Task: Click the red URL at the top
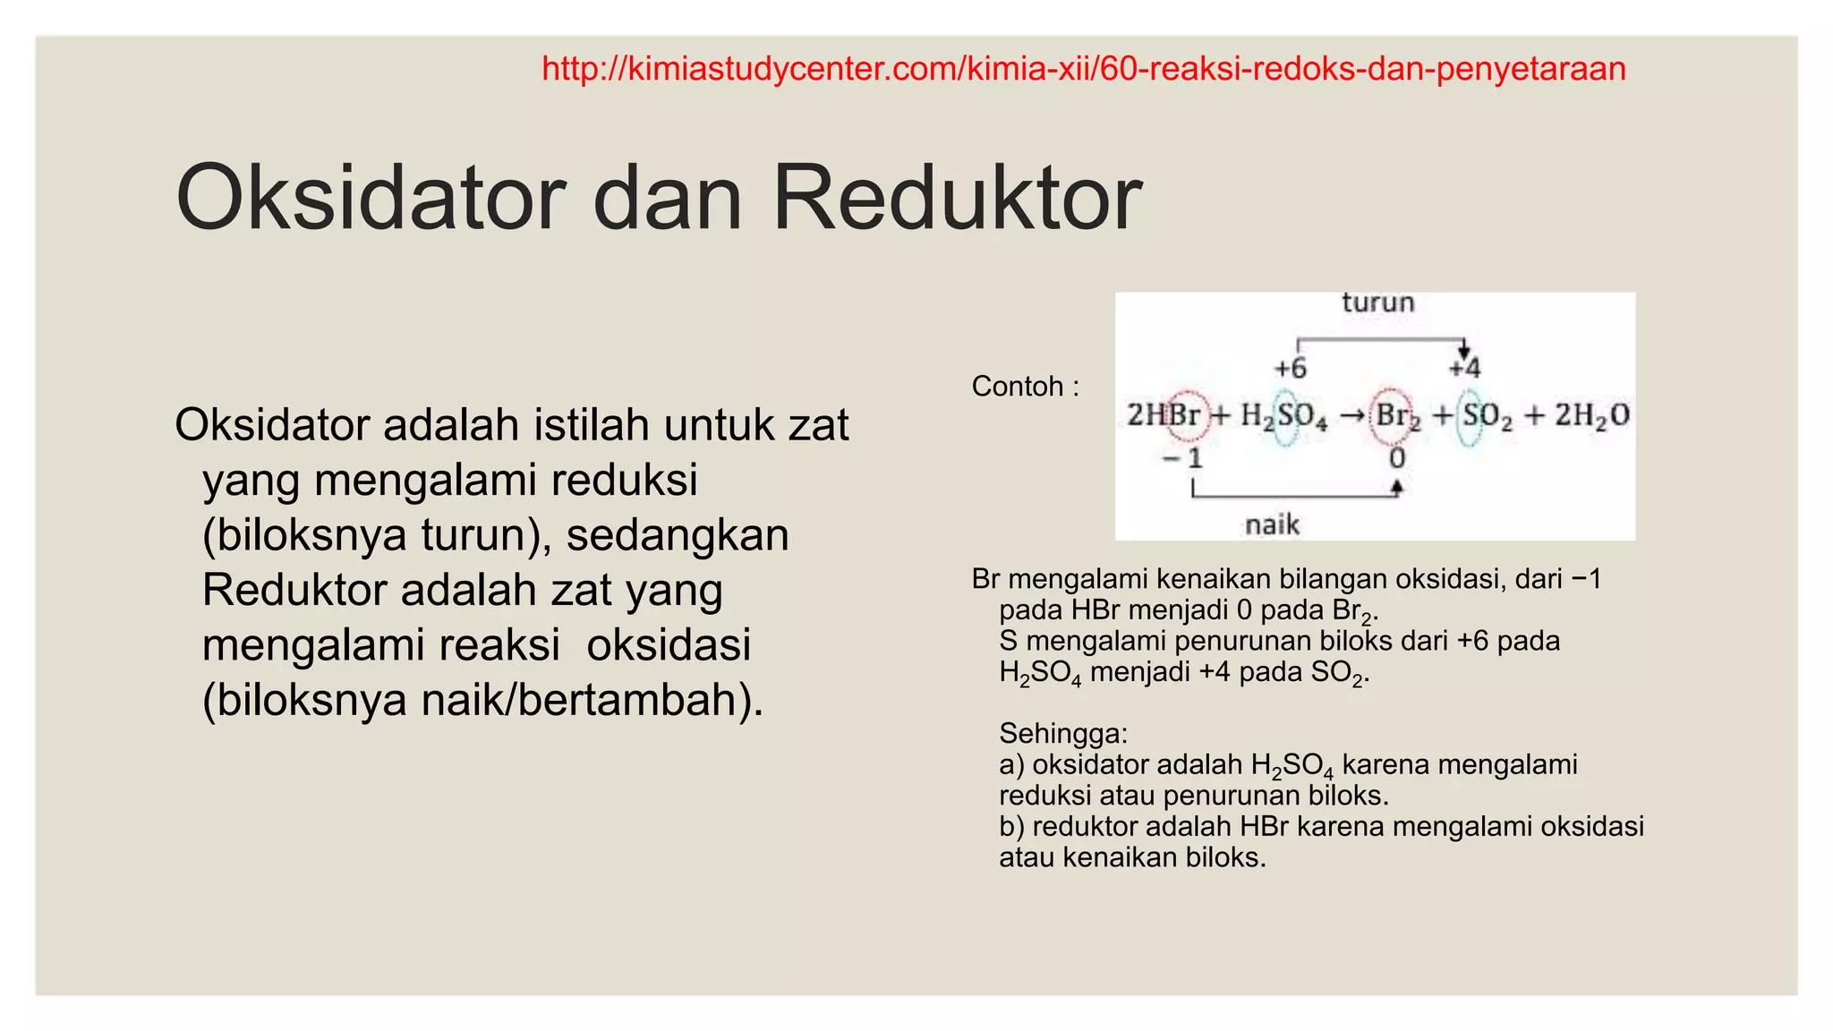[1083, 69]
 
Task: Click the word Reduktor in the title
[956, 198]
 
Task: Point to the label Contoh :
[1026, 387]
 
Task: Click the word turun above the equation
[1377, 302]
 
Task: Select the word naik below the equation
[1272, 524]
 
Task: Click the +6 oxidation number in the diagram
[1290, 368]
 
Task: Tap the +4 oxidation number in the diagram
[1465, 368]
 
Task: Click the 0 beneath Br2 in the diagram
[1396, 459]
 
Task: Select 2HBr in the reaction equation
[1164, 415]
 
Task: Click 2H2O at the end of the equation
[1591, 415]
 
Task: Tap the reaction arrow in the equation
[1351, 416]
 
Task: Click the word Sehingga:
[1063, 734]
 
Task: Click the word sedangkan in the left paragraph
[678, 535]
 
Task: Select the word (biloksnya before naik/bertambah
[305, 700]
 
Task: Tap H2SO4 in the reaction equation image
[1283, 416]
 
